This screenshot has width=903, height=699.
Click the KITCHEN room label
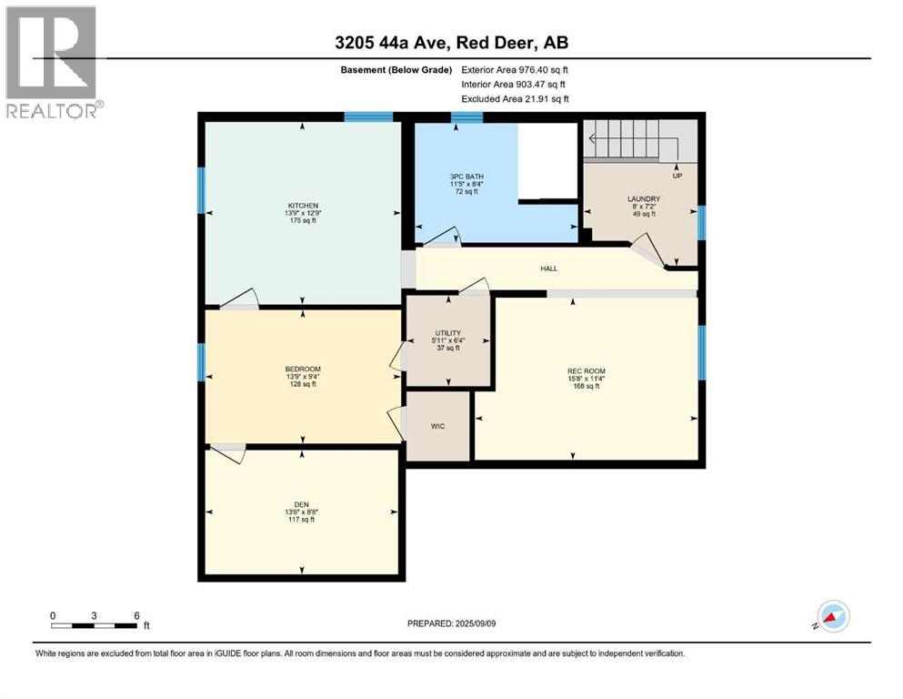pos(302,206)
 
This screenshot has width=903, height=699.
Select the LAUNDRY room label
pos(643,198)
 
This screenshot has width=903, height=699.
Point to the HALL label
pos(547,268)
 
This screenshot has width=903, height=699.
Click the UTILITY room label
pos(447,333)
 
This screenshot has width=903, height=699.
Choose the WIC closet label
pos(437,425)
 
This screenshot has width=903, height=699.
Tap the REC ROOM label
pos(586,370)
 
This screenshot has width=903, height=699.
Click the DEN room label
pos(302,504)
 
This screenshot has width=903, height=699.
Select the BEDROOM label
pos(302,369)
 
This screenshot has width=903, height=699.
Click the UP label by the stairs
pos(677,176)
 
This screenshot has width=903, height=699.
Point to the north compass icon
pos(833,617)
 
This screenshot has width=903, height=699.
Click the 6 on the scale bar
pos(136,615)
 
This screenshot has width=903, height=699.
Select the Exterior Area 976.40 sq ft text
pos(516,69)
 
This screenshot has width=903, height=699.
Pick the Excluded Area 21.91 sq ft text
pos(516,98)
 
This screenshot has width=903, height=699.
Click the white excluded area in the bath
pos(548,160)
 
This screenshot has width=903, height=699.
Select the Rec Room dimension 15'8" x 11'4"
pos(586,379)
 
